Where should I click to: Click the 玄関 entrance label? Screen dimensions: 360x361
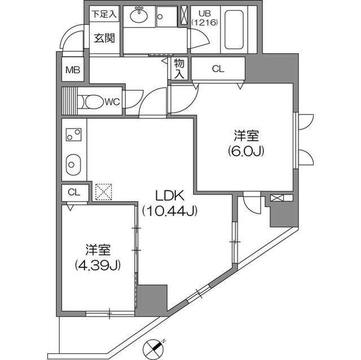[x=104, y=38]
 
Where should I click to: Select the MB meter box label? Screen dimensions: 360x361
[x=73, y=70]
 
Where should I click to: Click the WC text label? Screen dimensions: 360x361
[x=111, y=102]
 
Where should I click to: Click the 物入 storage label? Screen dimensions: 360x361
[x=179, y=69]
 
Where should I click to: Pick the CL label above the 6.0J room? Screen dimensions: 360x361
[x=218, y=69]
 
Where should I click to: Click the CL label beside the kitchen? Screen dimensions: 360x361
[x=73, y=192]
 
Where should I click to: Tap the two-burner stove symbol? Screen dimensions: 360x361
[x=73, y=136]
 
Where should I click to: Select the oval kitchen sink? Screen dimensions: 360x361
[x=73, y=165]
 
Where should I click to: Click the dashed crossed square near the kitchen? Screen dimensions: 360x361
[x=103, y=192]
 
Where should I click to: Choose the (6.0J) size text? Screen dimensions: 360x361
[x=246, y=151]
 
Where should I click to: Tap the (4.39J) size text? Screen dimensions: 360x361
[x=97, y=264]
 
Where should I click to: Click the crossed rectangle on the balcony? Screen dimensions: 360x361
[x=278, y=198]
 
